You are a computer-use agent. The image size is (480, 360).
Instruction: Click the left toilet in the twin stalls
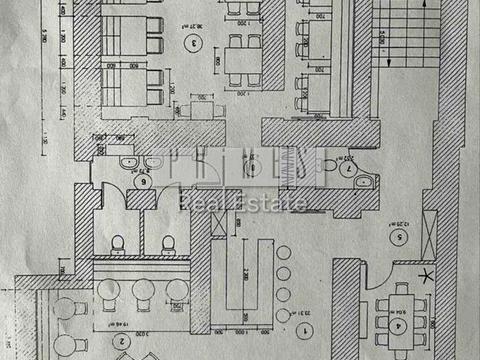[118, 243]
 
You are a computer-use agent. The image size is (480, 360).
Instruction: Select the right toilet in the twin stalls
[167, 243]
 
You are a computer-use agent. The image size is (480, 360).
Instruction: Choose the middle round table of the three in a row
[139, 291]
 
